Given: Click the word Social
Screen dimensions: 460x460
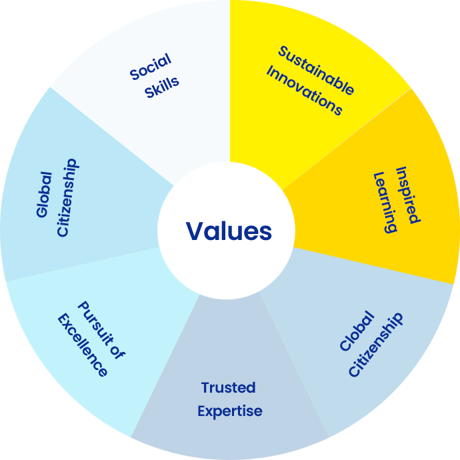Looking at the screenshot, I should point(151,67).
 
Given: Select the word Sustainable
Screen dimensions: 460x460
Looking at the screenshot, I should point(315,70).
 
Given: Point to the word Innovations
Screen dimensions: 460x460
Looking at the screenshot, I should point(304,91).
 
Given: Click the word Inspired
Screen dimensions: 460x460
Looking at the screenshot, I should point(407,195).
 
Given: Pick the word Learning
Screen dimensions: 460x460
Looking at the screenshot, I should point(385,202).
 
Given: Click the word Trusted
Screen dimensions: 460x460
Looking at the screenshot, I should point(228,387).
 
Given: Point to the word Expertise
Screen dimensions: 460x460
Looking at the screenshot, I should point(230,411).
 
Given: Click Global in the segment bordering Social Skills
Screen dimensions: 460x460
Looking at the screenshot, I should point(45,194).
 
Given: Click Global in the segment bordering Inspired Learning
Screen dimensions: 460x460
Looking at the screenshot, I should point(353,332).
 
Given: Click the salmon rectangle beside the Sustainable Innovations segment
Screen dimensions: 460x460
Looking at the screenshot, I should point(435,43).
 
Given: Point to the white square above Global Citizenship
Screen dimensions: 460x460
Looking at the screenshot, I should point(16,29).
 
